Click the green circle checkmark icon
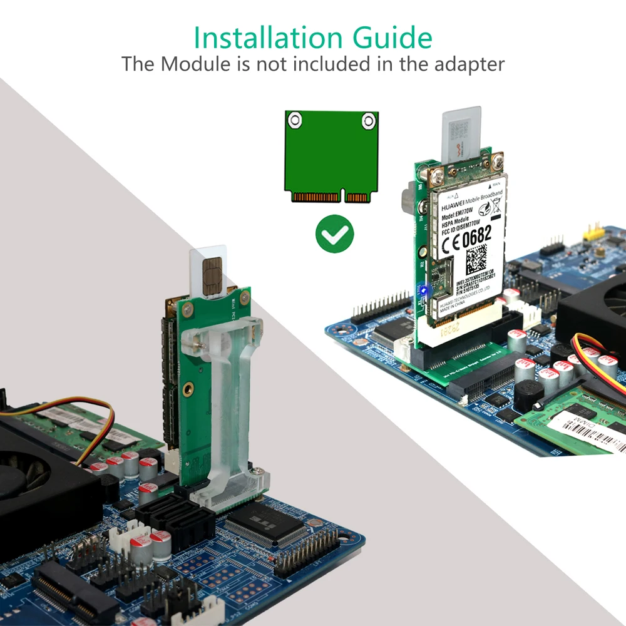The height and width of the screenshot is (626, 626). [334, 233]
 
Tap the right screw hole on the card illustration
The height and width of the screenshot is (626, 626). [369, 119]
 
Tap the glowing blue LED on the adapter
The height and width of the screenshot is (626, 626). [424, 290]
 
